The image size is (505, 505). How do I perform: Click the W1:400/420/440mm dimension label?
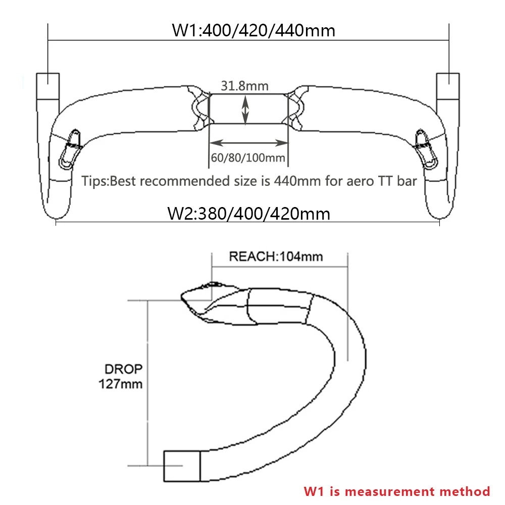click(x=254, y=30)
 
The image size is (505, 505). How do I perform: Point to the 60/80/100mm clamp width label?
click(x=248, y=158)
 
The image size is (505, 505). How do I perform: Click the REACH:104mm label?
click(x=276, y=256)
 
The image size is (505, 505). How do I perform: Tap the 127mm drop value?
click(x=120, y=384)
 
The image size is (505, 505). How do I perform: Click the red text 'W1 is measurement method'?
click(x=396, y=491)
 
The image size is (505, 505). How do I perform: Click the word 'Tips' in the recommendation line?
click(x=94, y=181)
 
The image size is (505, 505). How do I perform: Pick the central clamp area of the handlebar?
click(x=248, y=108)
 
